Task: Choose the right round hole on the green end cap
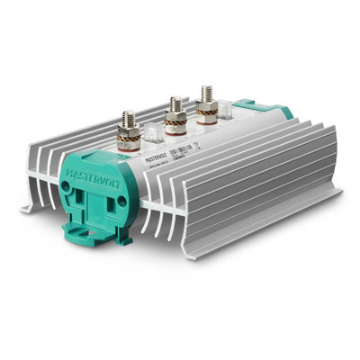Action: click(x=121, y=200)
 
